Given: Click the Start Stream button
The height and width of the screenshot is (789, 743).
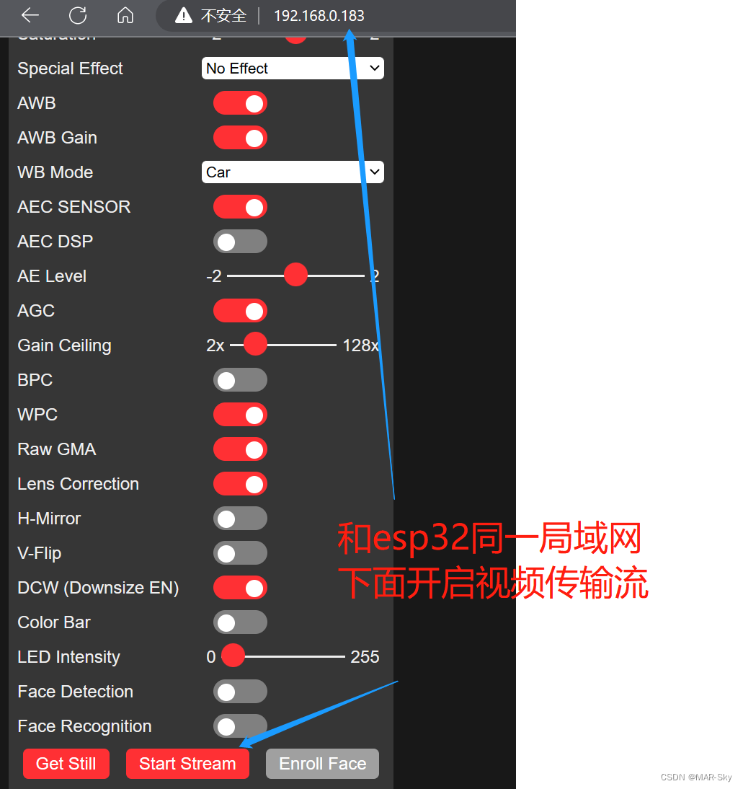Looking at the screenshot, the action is point(187,764).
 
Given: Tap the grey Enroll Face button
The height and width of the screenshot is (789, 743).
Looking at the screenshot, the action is point(322,764).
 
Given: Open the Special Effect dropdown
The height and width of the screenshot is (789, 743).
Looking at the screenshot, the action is point(293,69).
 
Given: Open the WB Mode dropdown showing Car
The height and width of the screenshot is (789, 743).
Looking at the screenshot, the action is point(293,172).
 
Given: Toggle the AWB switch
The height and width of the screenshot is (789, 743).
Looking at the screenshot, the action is point(240,103).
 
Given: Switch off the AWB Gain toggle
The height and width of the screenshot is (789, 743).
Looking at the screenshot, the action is point(240,138).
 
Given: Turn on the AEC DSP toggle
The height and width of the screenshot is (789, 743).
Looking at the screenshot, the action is point(240,242).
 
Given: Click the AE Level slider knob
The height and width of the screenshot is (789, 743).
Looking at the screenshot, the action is point(295,276).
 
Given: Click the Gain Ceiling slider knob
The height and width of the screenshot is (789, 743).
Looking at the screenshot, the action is point(255,345).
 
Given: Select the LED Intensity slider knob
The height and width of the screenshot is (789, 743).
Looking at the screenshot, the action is point(233,656).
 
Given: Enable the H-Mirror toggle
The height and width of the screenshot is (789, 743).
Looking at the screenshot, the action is point(240,519).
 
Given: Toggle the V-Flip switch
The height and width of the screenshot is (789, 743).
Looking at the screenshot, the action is point(240,553).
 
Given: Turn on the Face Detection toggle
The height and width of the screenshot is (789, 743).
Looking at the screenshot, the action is point(240,692).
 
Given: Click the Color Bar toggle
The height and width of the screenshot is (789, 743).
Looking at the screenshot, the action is point(240,622).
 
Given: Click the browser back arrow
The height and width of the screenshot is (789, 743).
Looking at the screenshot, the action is point(30,15).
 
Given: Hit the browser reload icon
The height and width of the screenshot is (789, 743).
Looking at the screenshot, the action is point(78,15).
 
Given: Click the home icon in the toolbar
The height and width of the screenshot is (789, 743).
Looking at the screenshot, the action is point(125,15).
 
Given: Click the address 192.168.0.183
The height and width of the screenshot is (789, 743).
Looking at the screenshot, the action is point(319,16).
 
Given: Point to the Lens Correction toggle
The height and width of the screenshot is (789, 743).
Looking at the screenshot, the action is point(240,484).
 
